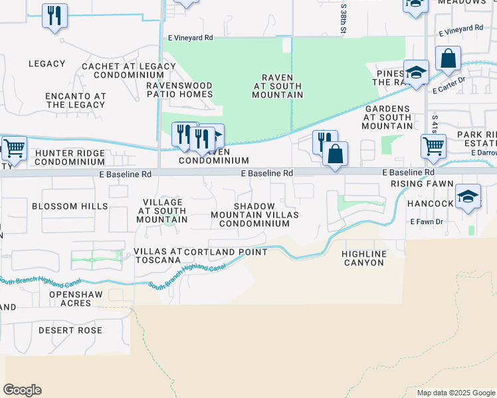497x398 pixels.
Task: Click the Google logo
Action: pos(22,390)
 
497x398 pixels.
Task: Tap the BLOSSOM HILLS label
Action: pos(70,206)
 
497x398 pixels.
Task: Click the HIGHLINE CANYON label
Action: pos(363,258)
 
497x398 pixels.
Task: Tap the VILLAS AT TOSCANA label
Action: pos(157,256)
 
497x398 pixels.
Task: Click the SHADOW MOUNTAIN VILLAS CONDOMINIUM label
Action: pos(254,215)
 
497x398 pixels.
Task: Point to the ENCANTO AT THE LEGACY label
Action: pos(76,100)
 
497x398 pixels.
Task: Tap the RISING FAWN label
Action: pos(422,184)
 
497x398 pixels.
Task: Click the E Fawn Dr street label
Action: pos(426,221)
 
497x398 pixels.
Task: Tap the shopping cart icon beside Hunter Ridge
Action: pos(13,150)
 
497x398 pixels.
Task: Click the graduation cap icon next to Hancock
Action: pos(468,197)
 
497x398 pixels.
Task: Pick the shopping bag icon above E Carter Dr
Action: pos(448,59)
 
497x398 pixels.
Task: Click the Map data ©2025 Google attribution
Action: pos(455,393)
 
